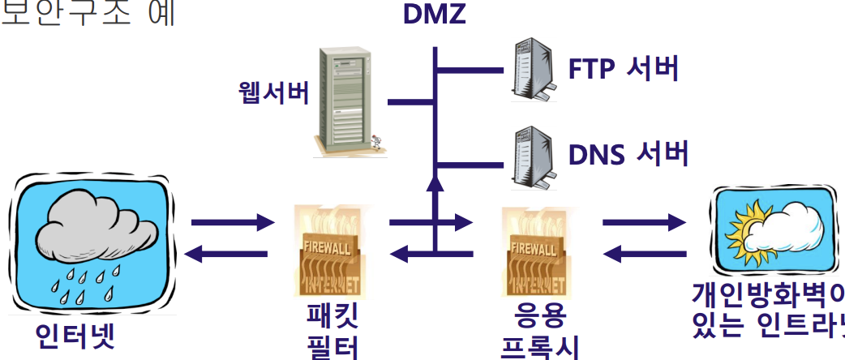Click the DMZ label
pyautogui.click(x=435, y=14)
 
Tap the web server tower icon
pyautogui.click(x=344, y=101)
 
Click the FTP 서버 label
pyautogui.click(x=623, y=70)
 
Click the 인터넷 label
pyautogui.click(x=75, y=337)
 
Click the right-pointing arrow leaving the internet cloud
pyautogui.click(x=230, y=221)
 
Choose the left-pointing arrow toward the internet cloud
pyautogui.click(x=227, y=254)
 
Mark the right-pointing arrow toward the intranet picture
pyautogui.click(x=644, y=221)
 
